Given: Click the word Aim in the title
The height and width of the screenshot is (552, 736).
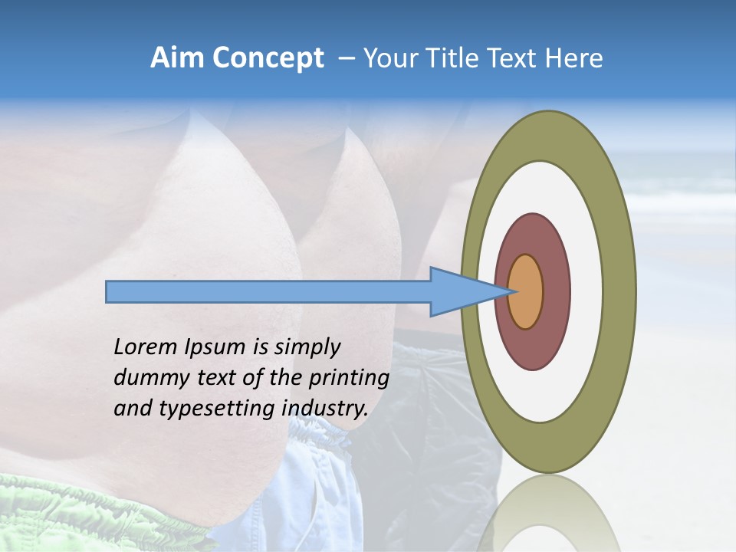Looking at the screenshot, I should tap(178, 58).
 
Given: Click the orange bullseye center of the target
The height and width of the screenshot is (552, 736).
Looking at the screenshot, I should tap(525, 291).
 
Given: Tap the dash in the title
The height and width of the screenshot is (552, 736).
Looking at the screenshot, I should tap(346, 58).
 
